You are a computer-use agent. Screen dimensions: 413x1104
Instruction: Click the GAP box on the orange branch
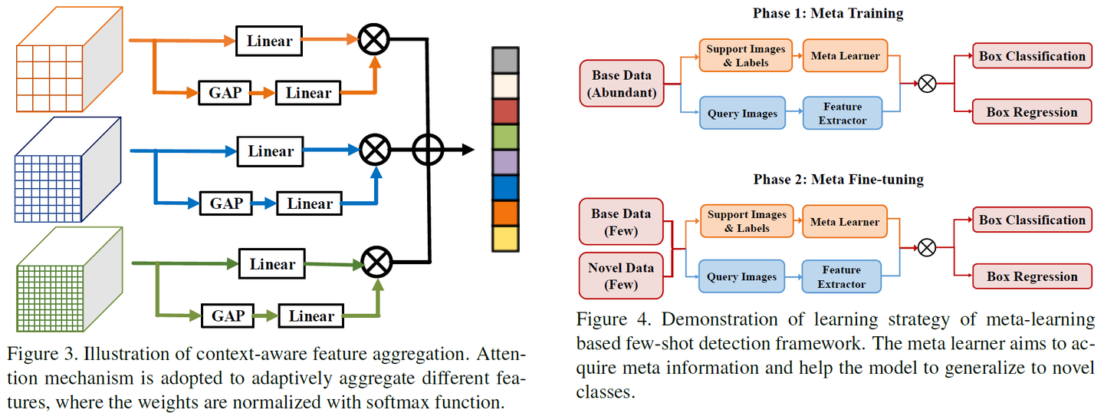click(x=225, y=94)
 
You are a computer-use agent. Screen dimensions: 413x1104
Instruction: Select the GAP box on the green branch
click(x=227, y=316)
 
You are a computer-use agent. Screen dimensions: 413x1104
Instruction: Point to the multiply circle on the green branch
click(x=376, y=263)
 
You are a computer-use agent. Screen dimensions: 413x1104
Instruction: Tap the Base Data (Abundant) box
click(x=621, y=84)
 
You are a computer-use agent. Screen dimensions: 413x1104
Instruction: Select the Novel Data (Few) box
click(x=621, y=276)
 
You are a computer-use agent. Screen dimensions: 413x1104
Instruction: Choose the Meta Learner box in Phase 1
click(x=844, y=56)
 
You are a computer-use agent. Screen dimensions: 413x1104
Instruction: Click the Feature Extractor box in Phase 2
click(x=841, y=277)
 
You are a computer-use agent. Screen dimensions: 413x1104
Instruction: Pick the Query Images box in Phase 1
click(x=742, y=114)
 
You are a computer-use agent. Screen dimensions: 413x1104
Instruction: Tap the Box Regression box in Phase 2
click(x=1031, y=276)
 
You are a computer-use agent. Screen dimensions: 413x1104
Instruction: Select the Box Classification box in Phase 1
click(x=1032, y=56)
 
